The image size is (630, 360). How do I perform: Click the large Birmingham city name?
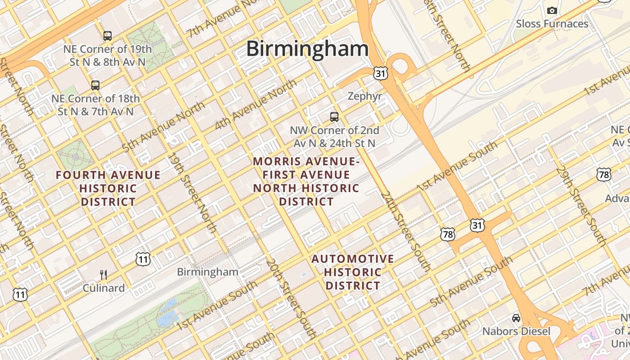(x=307, y=49)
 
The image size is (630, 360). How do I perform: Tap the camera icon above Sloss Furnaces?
(x=552, y=10)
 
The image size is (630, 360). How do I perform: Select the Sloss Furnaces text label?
(x=552, y=24)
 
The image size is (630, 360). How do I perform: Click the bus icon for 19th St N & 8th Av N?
(x=107, y=36)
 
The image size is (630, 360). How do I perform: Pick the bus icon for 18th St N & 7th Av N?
(x=95, y=85)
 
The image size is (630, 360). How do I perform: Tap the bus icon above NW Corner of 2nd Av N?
(x=334, y=117)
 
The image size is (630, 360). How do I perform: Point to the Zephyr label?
(x=365, y=96)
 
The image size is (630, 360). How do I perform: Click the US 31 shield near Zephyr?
(x=380, y=74)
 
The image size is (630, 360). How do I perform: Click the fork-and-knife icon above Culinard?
(x=103, y=274)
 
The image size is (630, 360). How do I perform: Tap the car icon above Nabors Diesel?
(x=516, y=318)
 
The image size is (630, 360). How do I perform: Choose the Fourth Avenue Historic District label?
(x=108, y=189)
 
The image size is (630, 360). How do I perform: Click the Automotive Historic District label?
(x=353, y=272)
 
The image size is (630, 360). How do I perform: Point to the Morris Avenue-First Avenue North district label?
(x=306, y=181)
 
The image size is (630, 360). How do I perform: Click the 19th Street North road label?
(x=193, y=193)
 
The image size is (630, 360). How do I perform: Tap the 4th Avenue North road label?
(x=256, y=104)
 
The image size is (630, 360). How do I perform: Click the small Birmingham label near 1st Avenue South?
(x=207, y=272)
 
